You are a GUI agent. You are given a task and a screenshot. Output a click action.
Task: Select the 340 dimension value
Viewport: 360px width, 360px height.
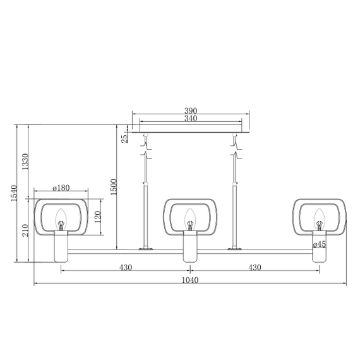(x=191, y=118)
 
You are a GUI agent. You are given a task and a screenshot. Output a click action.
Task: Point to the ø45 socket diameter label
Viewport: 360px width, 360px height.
(x=320, y=244)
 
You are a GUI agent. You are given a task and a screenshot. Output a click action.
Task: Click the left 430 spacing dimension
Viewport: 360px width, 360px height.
(x=125, y=267)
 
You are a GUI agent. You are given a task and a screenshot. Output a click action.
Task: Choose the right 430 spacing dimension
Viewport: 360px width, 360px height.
(x=255, y=267)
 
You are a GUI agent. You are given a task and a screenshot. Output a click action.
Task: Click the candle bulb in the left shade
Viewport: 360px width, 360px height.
(x=61, y=220)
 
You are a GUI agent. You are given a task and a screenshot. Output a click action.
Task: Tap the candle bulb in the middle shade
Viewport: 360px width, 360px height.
(x=190, y=220)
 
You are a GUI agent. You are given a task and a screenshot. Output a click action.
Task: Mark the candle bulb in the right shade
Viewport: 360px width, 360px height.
(x=320, y=220)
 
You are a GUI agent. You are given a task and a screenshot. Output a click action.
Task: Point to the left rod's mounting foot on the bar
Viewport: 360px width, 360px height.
(x=147, y=248)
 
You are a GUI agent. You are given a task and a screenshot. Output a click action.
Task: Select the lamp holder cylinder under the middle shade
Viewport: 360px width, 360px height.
(x=190, y=247)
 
